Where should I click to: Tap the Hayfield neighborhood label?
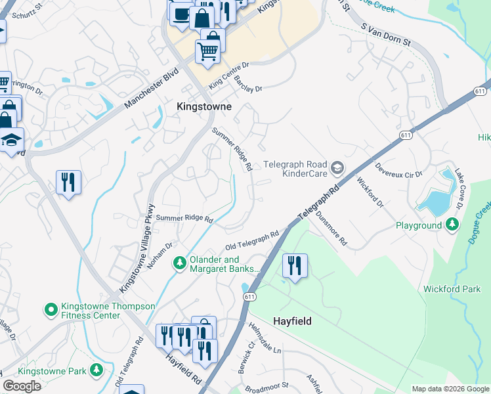(x=292, y=321)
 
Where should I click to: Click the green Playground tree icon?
(x=452, y=225)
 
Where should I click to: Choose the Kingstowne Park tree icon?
(x=96, y=371)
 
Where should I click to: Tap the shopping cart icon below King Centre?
(x=208, y=50)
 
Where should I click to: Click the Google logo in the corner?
(x=22, y=386)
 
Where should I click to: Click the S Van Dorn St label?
(x=386, y=35)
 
